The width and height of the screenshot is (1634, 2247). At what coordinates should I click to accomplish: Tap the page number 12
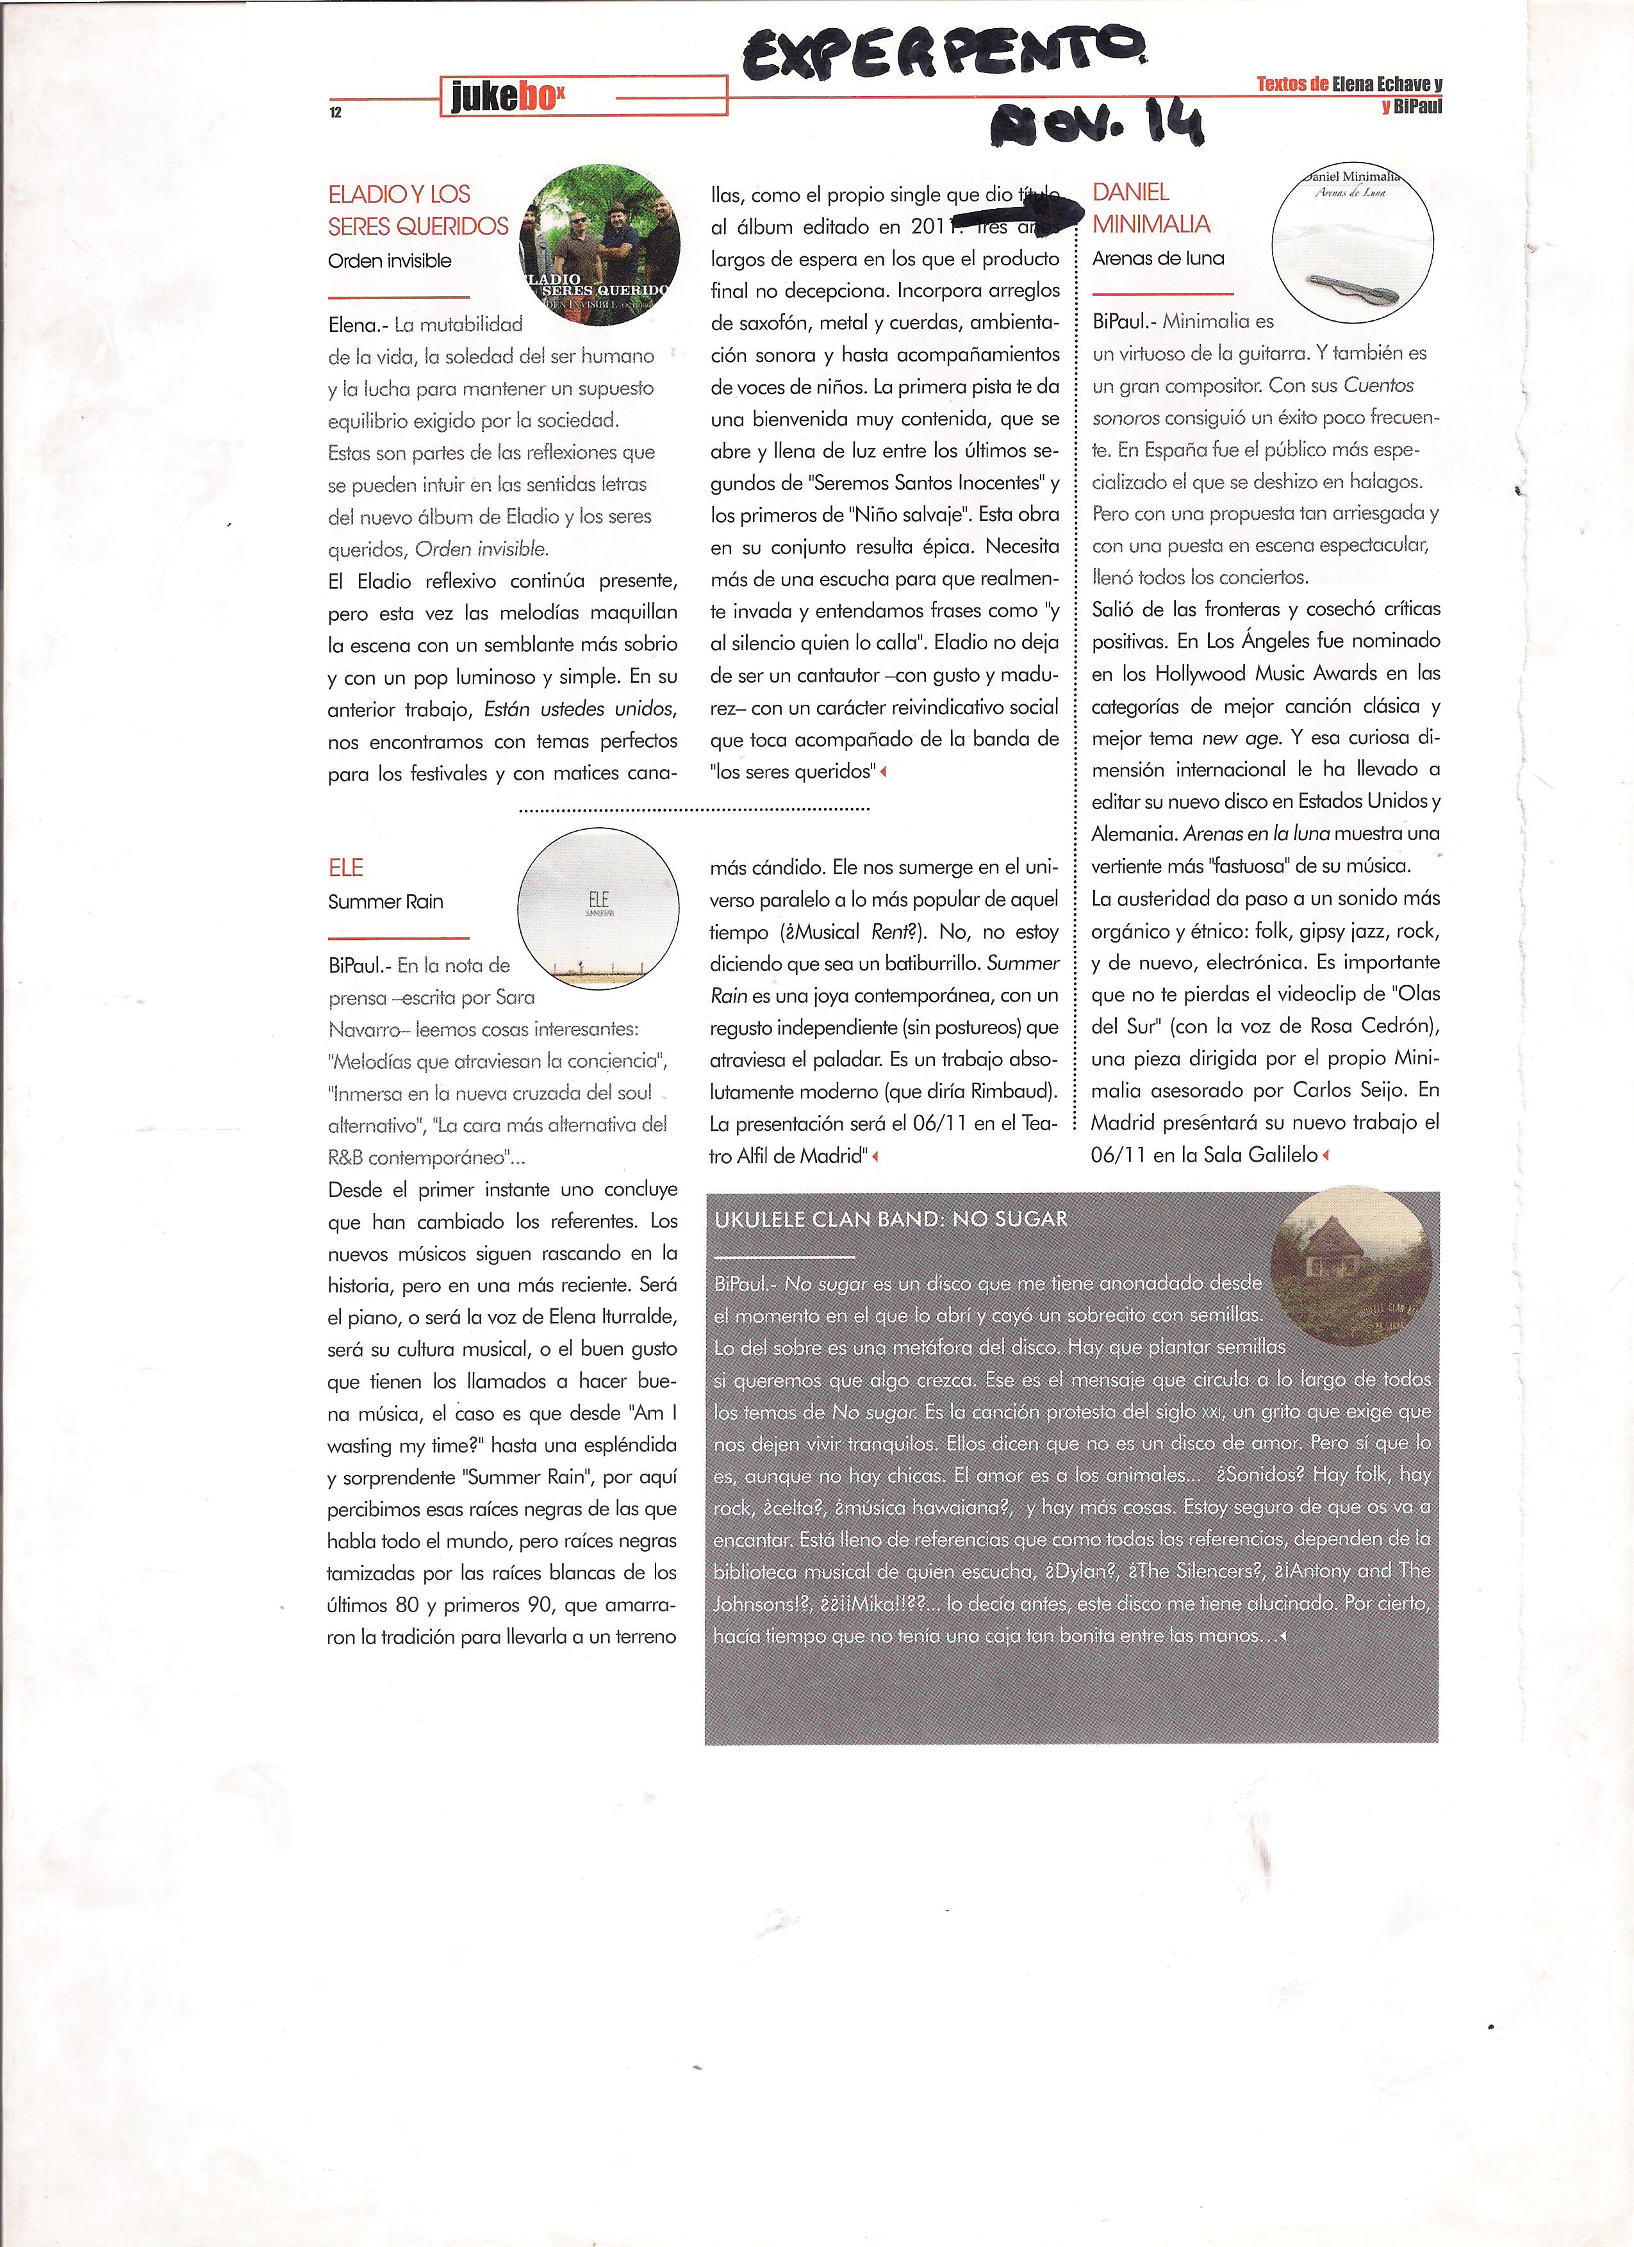336,113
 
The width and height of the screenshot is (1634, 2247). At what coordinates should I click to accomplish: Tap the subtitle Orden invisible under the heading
390,261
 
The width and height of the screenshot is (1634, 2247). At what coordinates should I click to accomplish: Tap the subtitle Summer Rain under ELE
386,901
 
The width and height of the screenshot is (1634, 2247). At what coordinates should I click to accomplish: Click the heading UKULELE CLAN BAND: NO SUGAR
891,1219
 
